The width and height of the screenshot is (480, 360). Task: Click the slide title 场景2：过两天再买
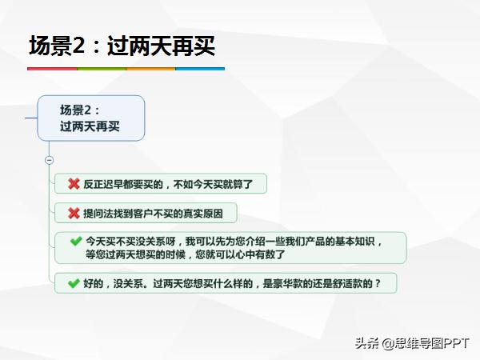[122, 46]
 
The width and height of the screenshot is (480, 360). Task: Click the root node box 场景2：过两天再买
[90, 118]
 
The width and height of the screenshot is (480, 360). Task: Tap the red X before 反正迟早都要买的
[74, 184]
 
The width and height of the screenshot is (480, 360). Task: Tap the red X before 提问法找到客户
[74, 213]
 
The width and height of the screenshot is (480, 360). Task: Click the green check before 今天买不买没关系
[75, 240]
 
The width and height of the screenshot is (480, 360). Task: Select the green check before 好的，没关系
[74, 282]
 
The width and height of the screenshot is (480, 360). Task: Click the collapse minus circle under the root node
[49, 160]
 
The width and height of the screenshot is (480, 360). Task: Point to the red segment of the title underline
[52, 69]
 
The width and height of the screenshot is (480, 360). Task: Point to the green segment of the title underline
[101, 69]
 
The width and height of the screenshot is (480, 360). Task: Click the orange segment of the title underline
[150, 69]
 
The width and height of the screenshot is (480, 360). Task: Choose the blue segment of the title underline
[200, 69]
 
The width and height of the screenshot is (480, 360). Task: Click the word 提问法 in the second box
[98, 214]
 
